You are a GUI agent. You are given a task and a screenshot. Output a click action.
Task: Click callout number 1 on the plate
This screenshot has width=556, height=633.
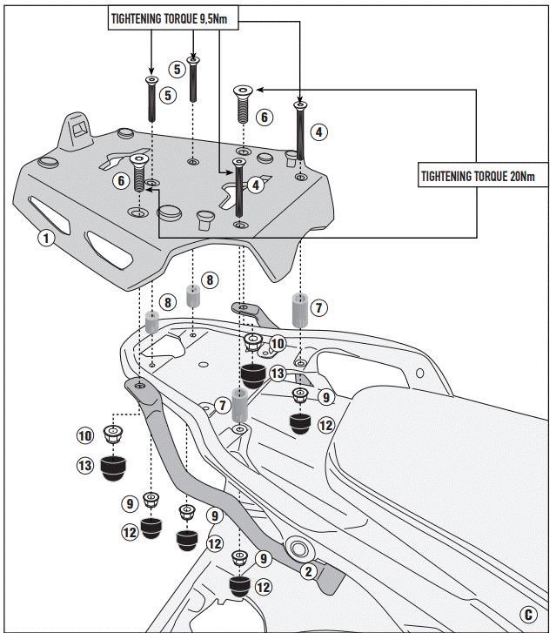[46, 237]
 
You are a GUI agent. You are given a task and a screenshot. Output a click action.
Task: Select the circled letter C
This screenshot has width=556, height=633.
[528, 613]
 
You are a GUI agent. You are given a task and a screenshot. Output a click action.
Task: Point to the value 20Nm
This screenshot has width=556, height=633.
[519, 175]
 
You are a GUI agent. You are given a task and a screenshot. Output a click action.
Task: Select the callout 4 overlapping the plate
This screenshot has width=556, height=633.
[255, 185]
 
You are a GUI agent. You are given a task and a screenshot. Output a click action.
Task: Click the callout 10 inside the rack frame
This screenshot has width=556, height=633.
[277, 344]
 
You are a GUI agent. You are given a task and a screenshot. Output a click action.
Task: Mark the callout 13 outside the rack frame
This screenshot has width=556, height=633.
[84, 467]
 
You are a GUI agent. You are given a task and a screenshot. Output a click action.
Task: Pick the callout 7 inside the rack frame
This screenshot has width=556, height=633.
[223, 405]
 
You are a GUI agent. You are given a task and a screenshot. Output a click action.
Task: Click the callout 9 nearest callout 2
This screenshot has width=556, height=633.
[262, 557]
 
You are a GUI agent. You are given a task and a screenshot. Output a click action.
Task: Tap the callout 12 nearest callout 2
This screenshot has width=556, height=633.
[263, 587]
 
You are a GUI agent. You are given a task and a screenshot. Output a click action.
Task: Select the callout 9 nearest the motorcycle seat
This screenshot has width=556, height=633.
[325, 397]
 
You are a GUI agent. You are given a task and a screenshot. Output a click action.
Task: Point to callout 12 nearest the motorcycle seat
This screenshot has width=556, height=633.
[325, 426]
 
